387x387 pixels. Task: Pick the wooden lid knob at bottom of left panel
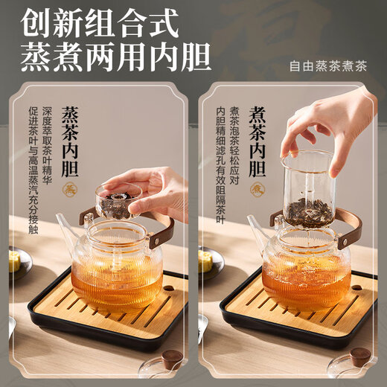click(173, 359)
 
